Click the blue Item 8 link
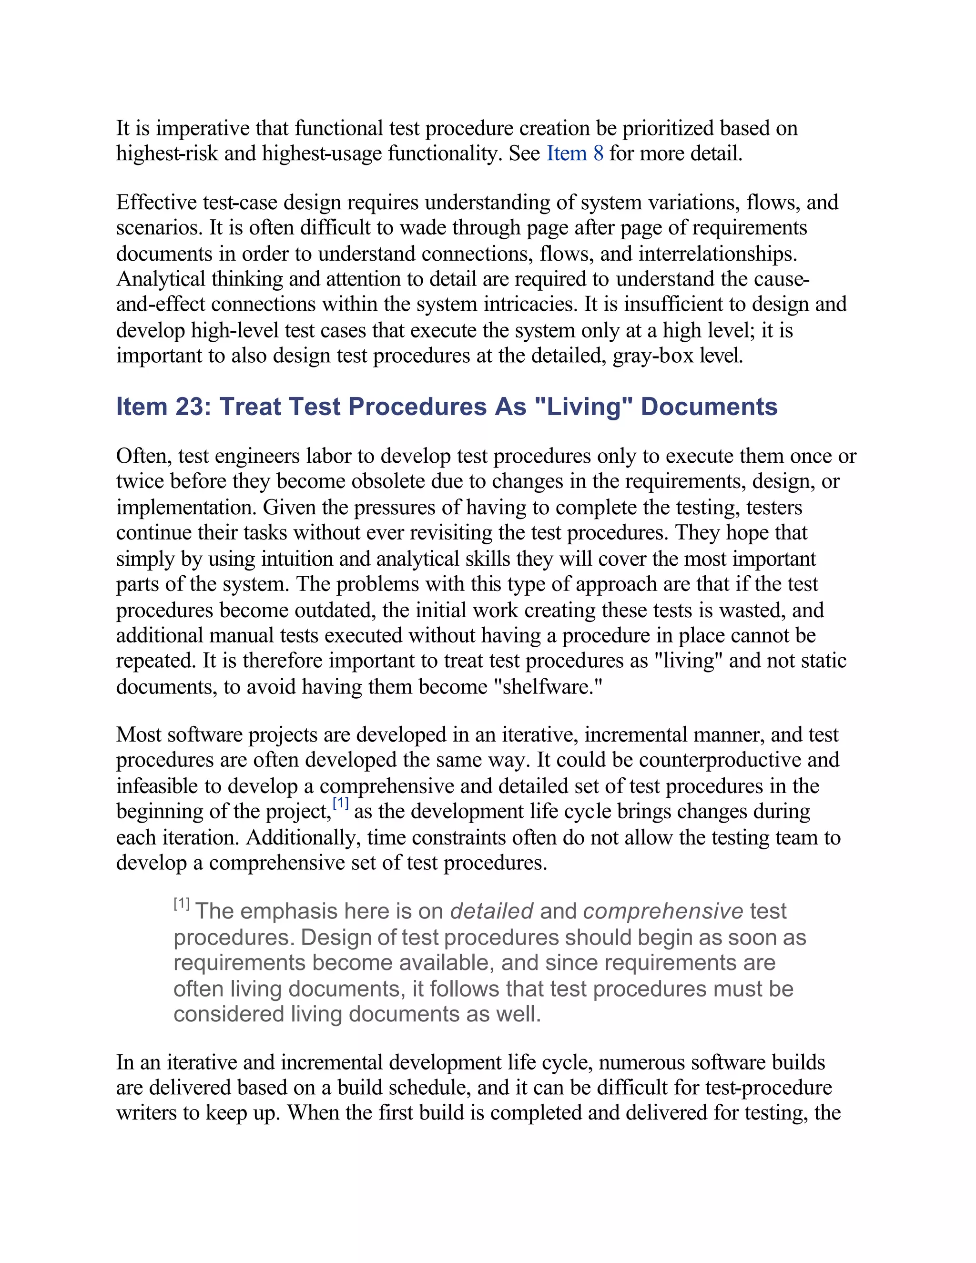(x=575, y=154)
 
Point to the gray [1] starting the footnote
(x=182, y=904)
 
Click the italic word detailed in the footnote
(x=491, y=911)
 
